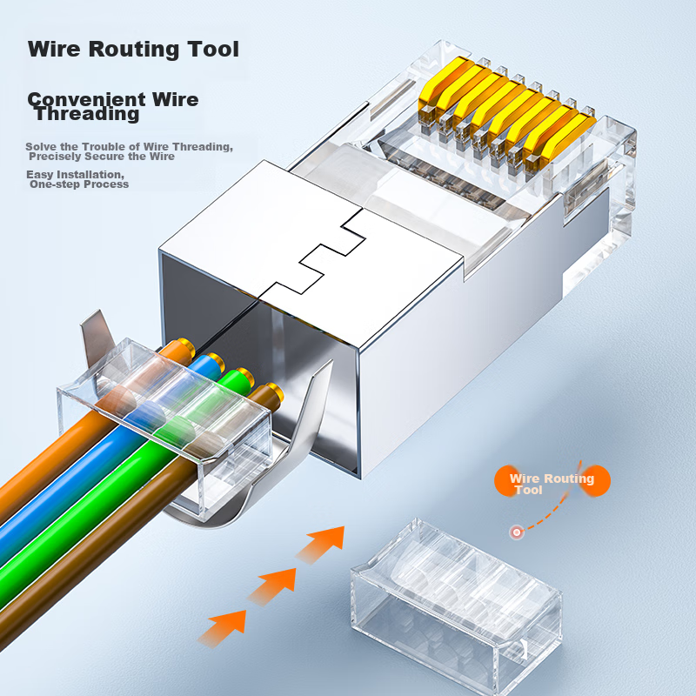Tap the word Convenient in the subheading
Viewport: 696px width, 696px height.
(x=86, y=99)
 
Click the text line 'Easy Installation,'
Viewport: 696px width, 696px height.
(x=75, y=175)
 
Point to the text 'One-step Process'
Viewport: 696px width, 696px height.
(x=79, y=184)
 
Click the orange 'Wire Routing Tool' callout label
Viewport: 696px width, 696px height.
(x=552, y=482)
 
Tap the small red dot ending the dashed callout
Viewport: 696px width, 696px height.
(x=516, y=532)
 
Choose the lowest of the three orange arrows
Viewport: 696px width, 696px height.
(x=222, y=627)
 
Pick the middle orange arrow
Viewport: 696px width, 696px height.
(x=271, y=586)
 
